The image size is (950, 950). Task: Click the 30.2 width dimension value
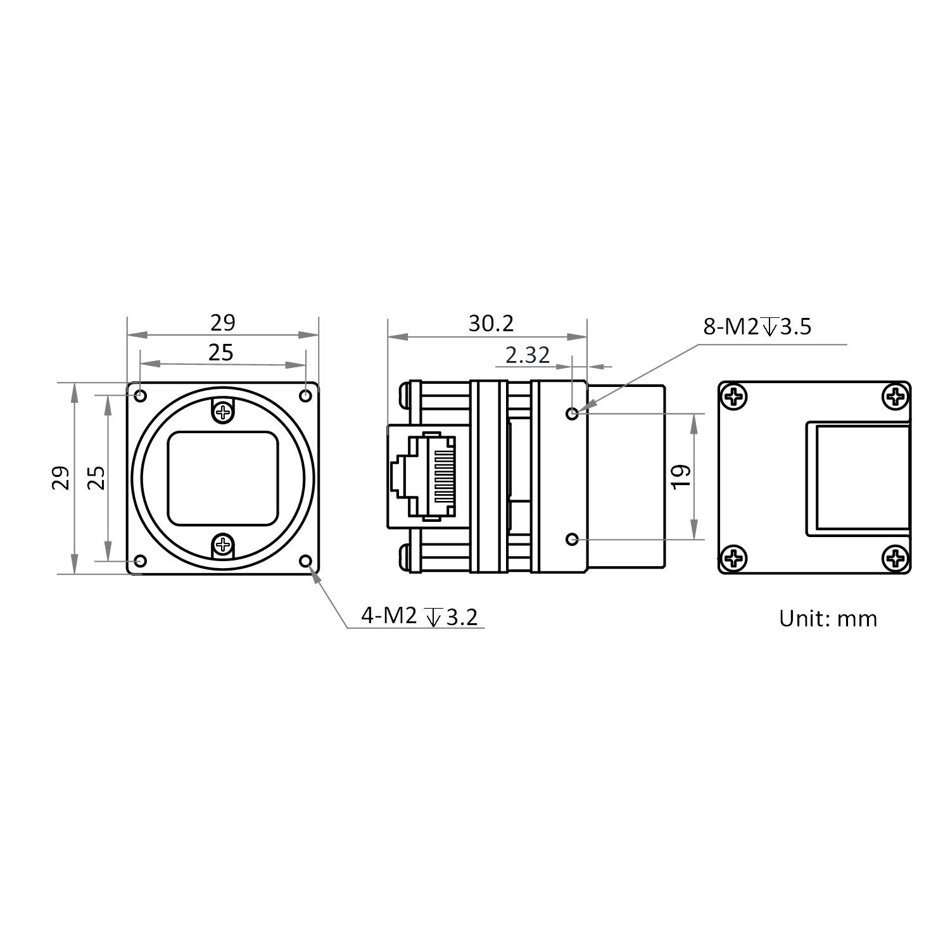coord(491,324)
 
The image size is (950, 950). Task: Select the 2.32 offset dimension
coord(528,355)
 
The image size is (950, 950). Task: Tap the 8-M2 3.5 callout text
coord(757,327)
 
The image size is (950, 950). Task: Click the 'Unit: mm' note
coord(828,618)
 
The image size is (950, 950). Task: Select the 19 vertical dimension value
coord(681,476)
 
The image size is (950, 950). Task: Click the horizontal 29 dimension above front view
coord(223,323)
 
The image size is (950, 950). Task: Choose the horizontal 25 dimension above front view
coord(221,352)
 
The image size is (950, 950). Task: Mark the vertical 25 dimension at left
coord(96,478)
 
